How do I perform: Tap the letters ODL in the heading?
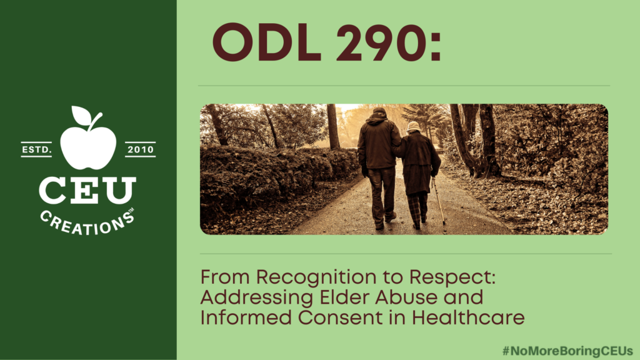click(x=267, y=42)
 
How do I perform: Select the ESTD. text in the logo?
click(x=37, y=150)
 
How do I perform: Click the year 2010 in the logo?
click(x=141, y=150)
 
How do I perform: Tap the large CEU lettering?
click(x=87, y=191)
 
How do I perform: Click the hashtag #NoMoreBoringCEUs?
click(x=567, y=351)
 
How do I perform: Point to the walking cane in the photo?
click(x=439, y=202)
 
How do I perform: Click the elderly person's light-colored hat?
click(x=414, y=126)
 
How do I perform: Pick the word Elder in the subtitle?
click(x=344, y=297)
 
